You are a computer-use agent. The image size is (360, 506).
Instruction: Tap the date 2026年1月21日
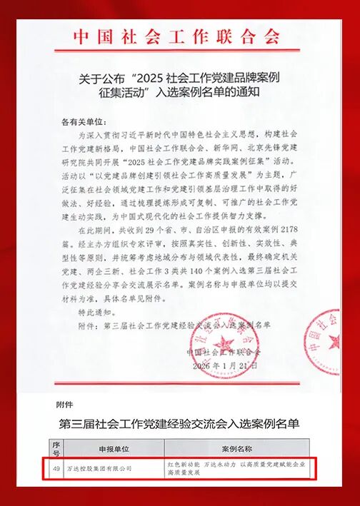(x=224, y=365)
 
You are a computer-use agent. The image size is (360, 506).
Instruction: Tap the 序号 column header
(x=56, y=450)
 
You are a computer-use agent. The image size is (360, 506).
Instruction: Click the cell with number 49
(x=56, y=468)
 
